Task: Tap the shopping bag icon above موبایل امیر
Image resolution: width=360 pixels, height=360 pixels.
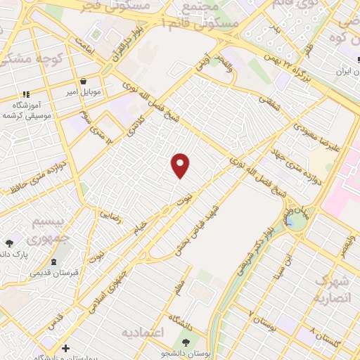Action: [84, 80]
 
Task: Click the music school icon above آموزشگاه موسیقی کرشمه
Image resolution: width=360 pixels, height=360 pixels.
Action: [26, 94]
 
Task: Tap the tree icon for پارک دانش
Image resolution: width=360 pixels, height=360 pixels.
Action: [9, 243]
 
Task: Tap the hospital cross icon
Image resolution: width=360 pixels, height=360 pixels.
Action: [66, 348]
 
